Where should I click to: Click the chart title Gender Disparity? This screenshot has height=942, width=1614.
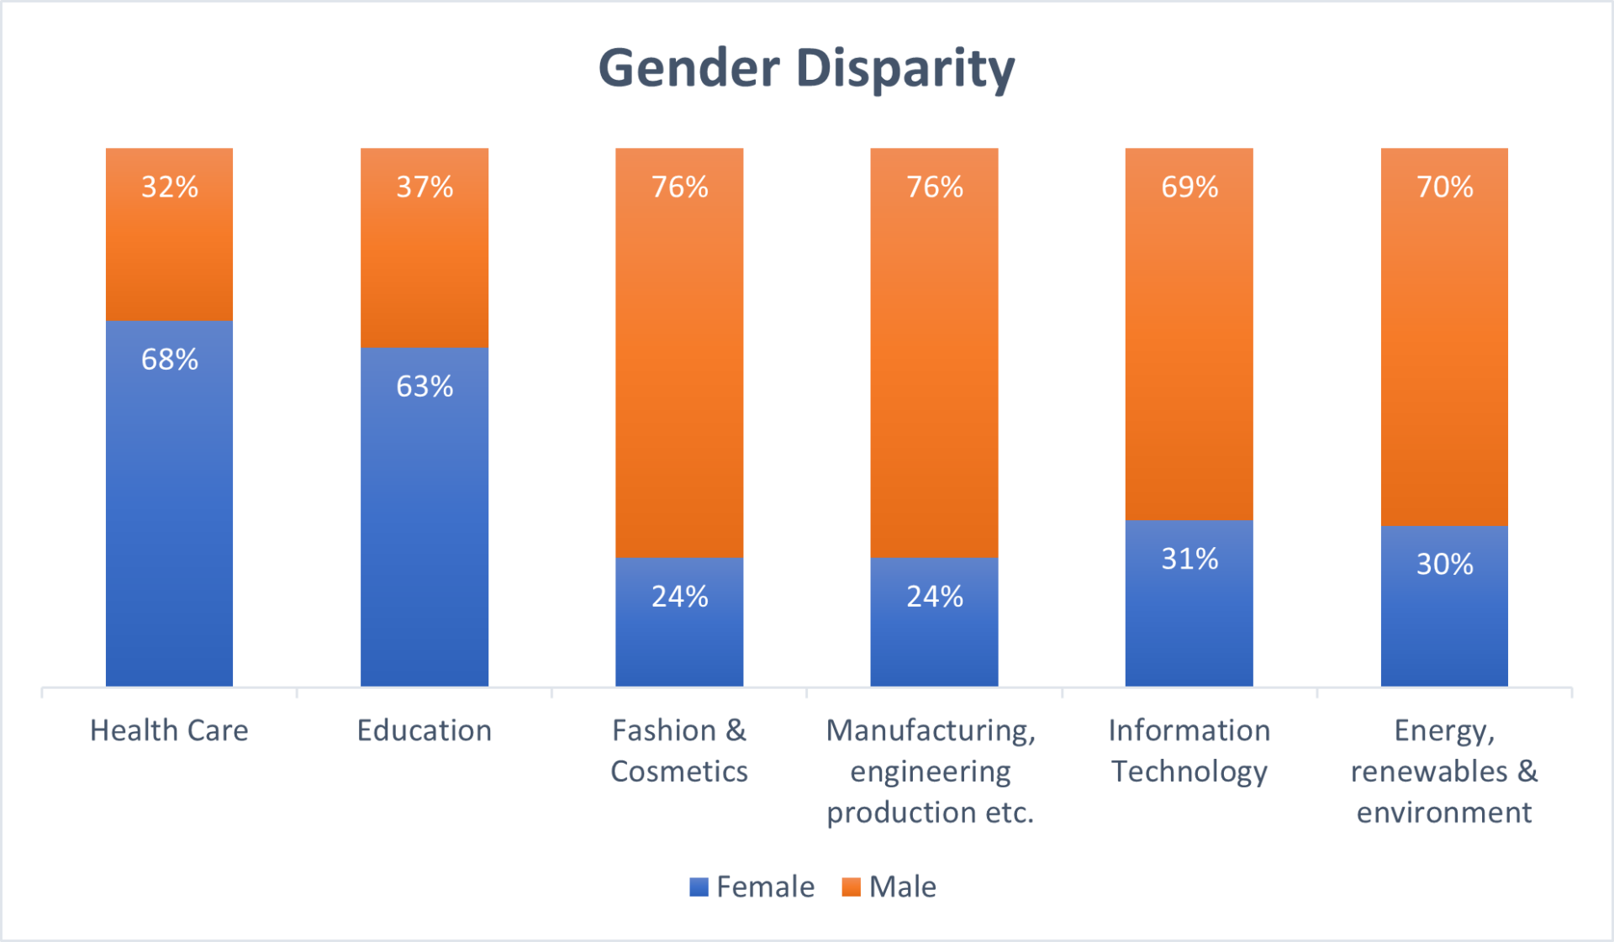click(806, 68)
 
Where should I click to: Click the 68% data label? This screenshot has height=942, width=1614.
click(170, 360)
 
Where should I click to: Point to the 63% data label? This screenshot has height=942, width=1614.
click(425, 387)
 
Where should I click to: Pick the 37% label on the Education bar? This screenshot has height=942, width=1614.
click(425, 187)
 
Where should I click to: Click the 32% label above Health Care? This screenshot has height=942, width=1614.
click(170, 187)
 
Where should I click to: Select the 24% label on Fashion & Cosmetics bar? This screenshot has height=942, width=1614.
click(679, 597)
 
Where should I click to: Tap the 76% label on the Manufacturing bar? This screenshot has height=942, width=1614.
click(935, 187)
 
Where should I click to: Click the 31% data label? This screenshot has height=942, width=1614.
click(1189, 559)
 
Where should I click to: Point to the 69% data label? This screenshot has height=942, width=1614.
click(1189, 187)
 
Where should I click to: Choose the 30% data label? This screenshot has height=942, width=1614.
click(1444, 564)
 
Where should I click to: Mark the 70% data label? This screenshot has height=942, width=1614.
click(1444, 187)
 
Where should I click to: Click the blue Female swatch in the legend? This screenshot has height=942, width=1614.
click(699, 887)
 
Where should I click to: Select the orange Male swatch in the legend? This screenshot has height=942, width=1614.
click(851, 887)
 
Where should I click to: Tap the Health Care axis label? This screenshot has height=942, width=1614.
click(169, 731)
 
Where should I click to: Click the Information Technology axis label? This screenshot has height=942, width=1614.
click(1189, 750)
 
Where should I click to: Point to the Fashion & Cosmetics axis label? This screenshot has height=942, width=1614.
click(679, 750)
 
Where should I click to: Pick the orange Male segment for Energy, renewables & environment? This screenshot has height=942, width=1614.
click(1444, 353)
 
